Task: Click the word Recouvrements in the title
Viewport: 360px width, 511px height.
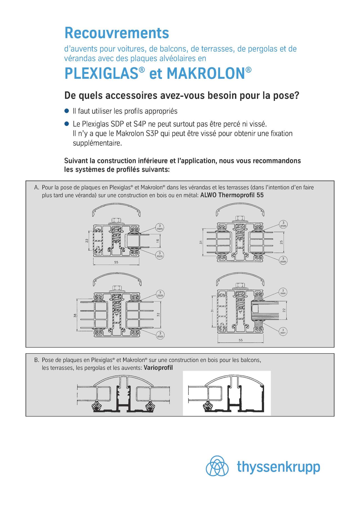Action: [x=117, y=33]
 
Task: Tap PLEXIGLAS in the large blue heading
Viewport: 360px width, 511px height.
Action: [x=102, y=73]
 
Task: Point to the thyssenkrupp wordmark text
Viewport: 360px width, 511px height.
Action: [x=278, y=467]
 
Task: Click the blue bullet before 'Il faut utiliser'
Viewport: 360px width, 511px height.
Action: [x=67, y=111]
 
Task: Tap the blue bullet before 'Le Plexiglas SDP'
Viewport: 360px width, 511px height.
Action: [x=67, y=123]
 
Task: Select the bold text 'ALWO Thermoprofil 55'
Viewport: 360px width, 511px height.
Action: [x=232, y=195]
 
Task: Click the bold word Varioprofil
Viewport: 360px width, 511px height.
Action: [x=158, y=368]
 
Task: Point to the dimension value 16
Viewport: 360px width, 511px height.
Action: [x=158, y=241]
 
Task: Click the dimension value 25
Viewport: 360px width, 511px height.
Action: [x=282, y=242]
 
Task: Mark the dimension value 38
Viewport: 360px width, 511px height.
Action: [x=75, y=316]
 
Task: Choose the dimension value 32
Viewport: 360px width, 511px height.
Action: [x=158, y=314]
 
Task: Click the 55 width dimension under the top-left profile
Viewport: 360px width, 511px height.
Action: [x=116, y=262]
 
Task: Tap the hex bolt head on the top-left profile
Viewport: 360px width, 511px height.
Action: [x=116, y=220]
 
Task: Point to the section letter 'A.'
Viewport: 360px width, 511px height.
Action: [x=36, y=187]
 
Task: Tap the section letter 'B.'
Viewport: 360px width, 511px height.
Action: [x=36, y=360]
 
